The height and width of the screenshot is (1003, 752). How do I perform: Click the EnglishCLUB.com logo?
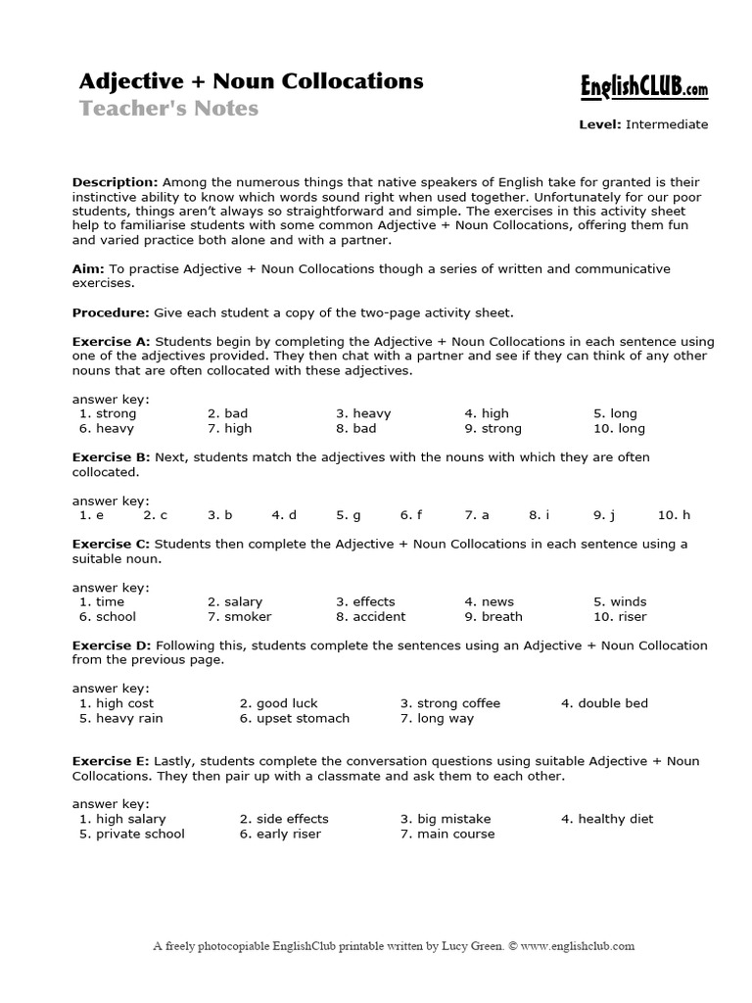(640, 89)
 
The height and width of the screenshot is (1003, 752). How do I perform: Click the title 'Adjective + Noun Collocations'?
(251, 81)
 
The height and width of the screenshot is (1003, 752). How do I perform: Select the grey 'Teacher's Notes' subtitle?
(168, 109)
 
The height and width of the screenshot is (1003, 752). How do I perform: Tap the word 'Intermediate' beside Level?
(667, 124)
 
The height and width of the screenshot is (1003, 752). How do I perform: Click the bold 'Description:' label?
(115, 182)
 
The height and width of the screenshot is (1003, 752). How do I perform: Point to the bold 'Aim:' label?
(88, 268)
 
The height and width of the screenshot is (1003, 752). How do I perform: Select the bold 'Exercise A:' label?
(111, 342)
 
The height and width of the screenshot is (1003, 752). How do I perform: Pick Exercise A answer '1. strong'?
(108, 413)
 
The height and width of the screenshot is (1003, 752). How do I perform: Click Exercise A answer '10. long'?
(619, 428)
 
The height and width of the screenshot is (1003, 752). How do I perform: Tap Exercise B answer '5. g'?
(349, 514)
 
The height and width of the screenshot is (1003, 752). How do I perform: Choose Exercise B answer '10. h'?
(674, 514)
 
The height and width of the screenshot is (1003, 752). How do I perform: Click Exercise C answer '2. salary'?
(235, 601)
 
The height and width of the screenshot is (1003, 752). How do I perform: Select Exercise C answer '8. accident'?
(370, 616)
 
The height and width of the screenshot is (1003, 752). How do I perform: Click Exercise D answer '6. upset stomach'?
(294, 718)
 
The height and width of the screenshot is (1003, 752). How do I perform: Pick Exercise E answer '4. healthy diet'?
(607, 819)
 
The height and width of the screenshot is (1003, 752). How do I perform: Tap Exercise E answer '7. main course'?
(446, 834)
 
